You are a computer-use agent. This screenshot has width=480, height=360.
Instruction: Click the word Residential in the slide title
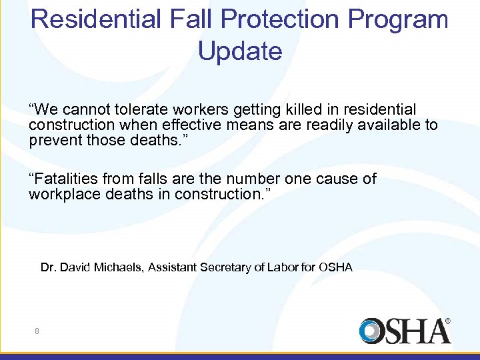tap(95, 19)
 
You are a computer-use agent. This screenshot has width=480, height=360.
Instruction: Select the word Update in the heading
tap(240, 51)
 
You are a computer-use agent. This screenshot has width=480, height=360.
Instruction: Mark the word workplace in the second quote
tap(61, 194)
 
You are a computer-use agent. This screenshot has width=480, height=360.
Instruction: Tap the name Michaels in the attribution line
tap(119, 267)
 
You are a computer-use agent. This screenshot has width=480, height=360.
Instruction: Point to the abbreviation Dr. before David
tap(47, 267)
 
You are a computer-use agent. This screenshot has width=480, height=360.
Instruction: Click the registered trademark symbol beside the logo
tap(447, 321)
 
